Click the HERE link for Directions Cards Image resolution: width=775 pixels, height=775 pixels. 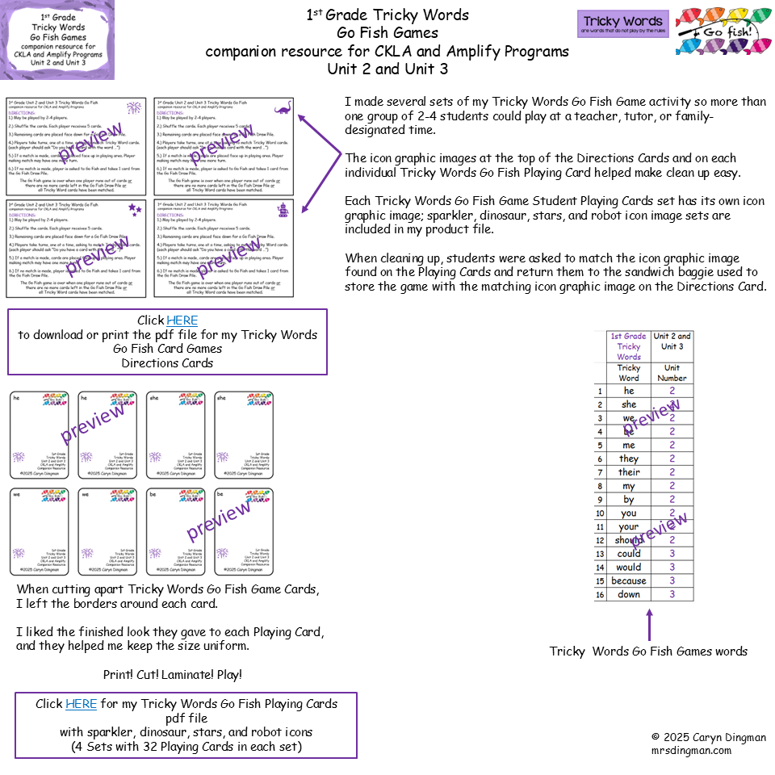click(x=182, y=320)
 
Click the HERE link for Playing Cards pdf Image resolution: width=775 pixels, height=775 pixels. click(x=81, y=704)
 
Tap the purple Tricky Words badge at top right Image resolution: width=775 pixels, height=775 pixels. click(x=622, y=24)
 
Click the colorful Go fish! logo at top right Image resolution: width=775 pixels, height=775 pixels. click(x=723, y=31)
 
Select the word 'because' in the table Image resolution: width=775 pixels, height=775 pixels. click(x=629, y=580)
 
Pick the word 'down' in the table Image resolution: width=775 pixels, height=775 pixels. click(x=629, y=594)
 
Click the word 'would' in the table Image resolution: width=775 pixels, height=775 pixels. click(x=629, y=567)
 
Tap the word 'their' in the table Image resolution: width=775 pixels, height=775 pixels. click(x=629, y=472)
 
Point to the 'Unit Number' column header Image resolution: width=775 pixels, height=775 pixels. click(x=672, y=372)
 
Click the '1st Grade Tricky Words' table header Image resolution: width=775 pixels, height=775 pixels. click(x=628, y=346)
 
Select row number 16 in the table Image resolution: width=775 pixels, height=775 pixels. click(x=600, y=594)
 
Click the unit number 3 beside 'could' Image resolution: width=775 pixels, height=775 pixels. click(x=672, y=554)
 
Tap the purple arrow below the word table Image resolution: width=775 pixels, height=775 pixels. click(x=648, y=623)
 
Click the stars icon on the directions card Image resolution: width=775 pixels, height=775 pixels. click(x=133, y=209)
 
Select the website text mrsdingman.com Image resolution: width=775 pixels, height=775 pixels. click(x=691, y=751)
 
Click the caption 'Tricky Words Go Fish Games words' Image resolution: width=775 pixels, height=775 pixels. click(x=648, y=651)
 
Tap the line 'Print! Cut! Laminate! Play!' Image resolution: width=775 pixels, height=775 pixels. click(x=172, y=674)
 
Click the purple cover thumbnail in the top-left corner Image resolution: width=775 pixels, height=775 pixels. click(x=57, y=40)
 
